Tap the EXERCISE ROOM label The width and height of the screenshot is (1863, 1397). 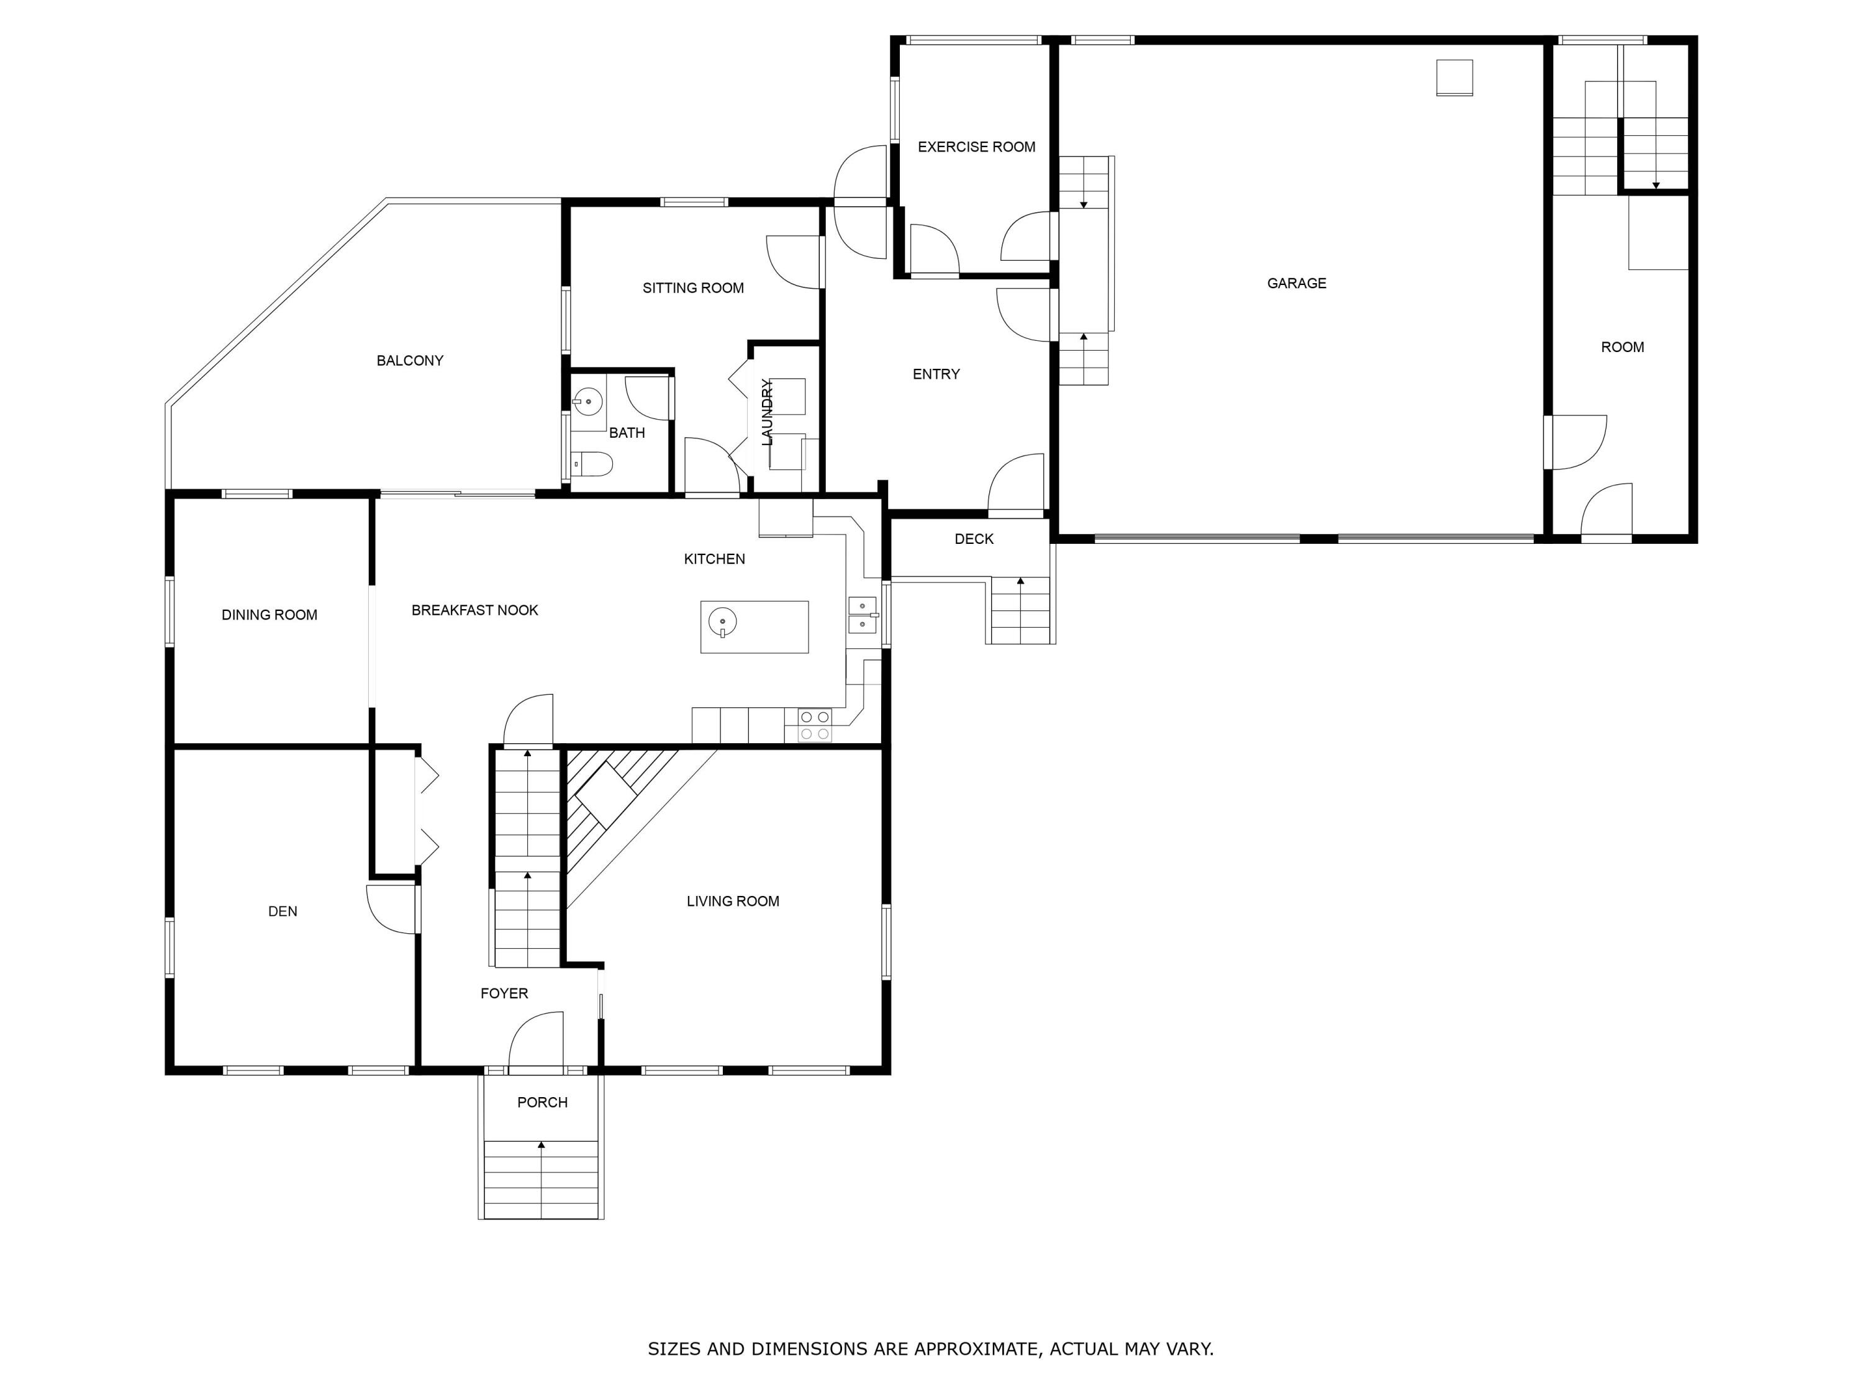pyautogui.click(x=976, y=147)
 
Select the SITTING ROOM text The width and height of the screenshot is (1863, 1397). pyautogui.click(x=693, y=288)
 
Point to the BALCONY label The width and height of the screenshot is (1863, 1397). pyautogui.click(x=409, y=360)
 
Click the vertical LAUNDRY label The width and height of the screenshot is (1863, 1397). pyautogui.click(x=766, y=412)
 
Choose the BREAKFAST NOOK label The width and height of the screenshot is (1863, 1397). pyautogui.click(x=474, y=610)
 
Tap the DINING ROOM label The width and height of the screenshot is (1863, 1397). pyautogui.click(x=270, y=615)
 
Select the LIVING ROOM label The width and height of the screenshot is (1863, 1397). pyautogui.click(x=733, y=901)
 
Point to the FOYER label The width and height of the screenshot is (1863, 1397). pyautogui.click(x=504, y=993)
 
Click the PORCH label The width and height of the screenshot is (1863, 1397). pyautogui.click(x=542, y=1102)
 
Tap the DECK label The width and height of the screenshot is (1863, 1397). pyautogui.click(x=974, y=539)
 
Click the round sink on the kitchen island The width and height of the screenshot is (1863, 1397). pyautogui.click(x=723, y=622)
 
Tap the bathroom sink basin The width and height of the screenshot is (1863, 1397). pyautogui.click(x=589, y=402)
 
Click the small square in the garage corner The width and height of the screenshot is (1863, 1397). pyautogui.click(x=1454, y=78)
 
